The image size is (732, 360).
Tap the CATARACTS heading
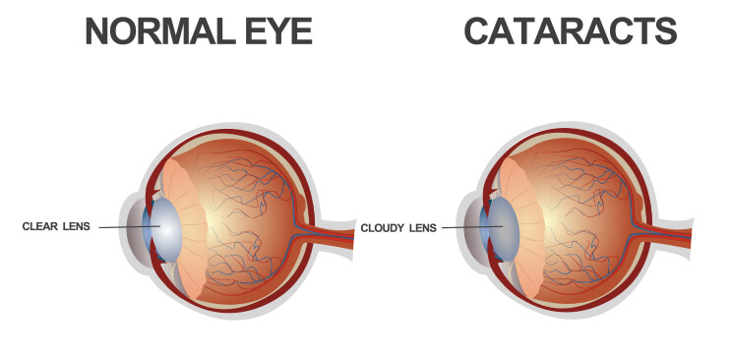pyautogui.click(x=571, y=31)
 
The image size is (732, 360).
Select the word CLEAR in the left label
pyautogui.click(x=40, y=226)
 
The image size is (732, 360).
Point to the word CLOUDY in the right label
pyautogui.click(x=382, y=228)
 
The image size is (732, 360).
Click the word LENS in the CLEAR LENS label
pyautogui.click(x=77, y=226)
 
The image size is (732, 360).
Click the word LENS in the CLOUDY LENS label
pyautogui.click(x=422, y=228)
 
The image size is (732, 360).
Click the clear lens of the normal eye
pyautogui.click(x=166, y=229)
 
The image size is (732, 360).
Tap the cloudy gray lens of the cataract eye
pyautogui.click(x=504, y=228)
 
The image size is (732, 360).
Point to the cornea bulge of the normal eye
pyautogui.click(x=132, y=229)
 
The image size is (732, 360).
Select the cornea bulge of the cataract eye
pyautogui.click(x=468, y=228)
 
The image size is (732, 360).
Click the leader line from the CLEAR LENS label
pyautogui.click(x=129, y=227)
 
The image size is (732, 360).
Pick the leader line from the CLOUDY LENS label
pyautogui.click(x=471, y=227)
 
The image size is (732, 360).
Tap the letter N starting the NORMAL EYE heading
pyautogui.click(x=97, y=31)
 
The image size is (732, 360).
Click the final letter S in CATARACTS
pyautogui.click(x=666, y=31)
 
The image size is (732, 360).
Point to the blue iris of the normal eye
pyautogui.click(x=148, y=230)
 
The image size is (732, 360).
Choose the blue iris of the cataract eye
pyautogui.click(x=485, y=229)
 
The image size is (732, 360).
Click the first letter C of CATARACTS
pyautogui.click(x=476, y=31)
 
